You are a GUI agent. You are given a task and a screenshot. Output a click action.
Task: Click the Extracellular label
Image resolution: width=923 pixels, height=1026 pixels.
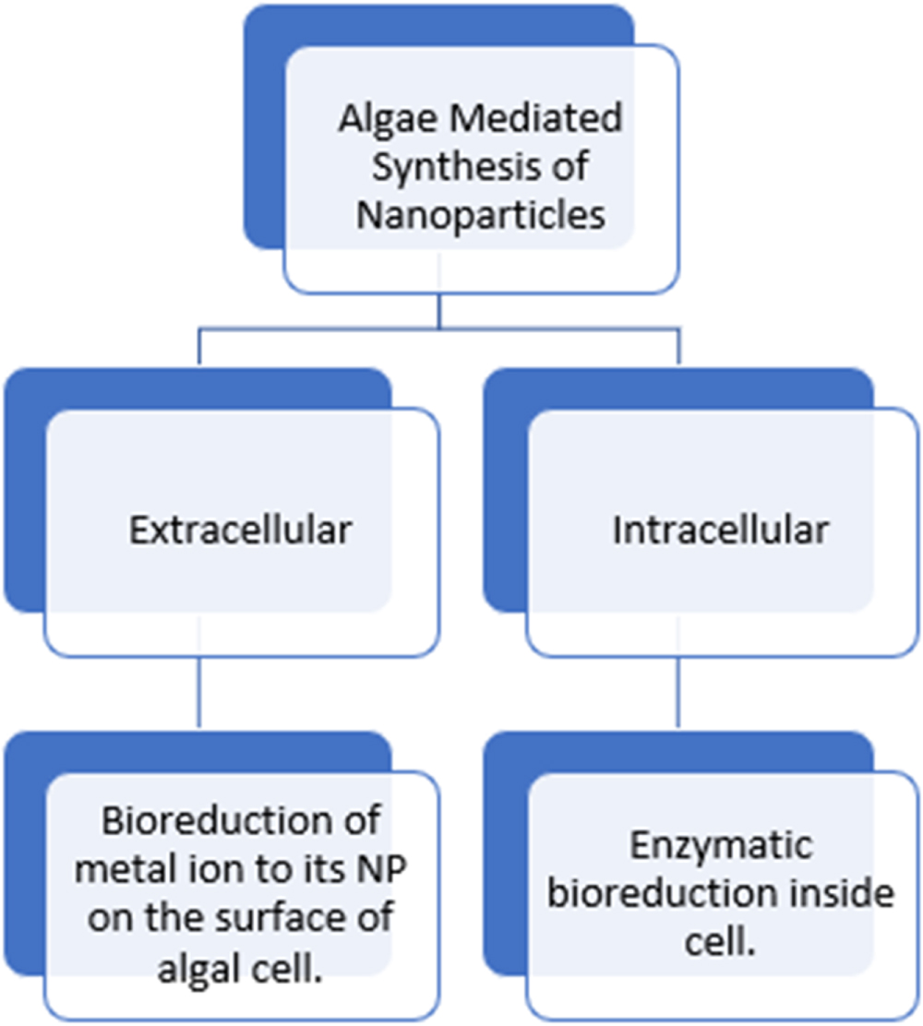tap(240, 531)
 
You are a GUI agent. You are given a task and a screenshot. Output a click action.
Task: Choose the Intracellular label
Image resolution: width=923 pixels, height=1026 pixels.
tap(721, 531)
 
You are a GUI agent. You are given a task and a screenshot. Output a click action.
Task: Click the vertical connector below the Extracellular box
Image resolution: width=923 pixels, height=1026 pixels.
tap(199, 692)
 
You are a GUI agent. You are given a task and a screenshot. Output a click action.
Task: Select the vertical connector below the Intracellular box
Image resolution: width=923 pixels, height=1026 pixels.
tap(680, 692)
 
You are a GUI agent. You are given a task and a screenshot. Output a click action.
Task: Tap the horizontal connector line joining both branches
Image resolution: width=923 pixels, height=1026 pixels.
tap(439, 328)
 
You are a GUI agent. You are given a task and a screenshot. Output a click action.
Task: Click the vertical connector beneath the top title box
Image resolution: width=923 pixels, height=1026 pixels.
tap(439, 310)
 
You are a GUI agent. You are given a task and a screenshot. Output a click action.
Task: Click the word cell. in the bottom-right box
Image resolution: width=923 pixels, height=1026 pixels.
tap(720, 943)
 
